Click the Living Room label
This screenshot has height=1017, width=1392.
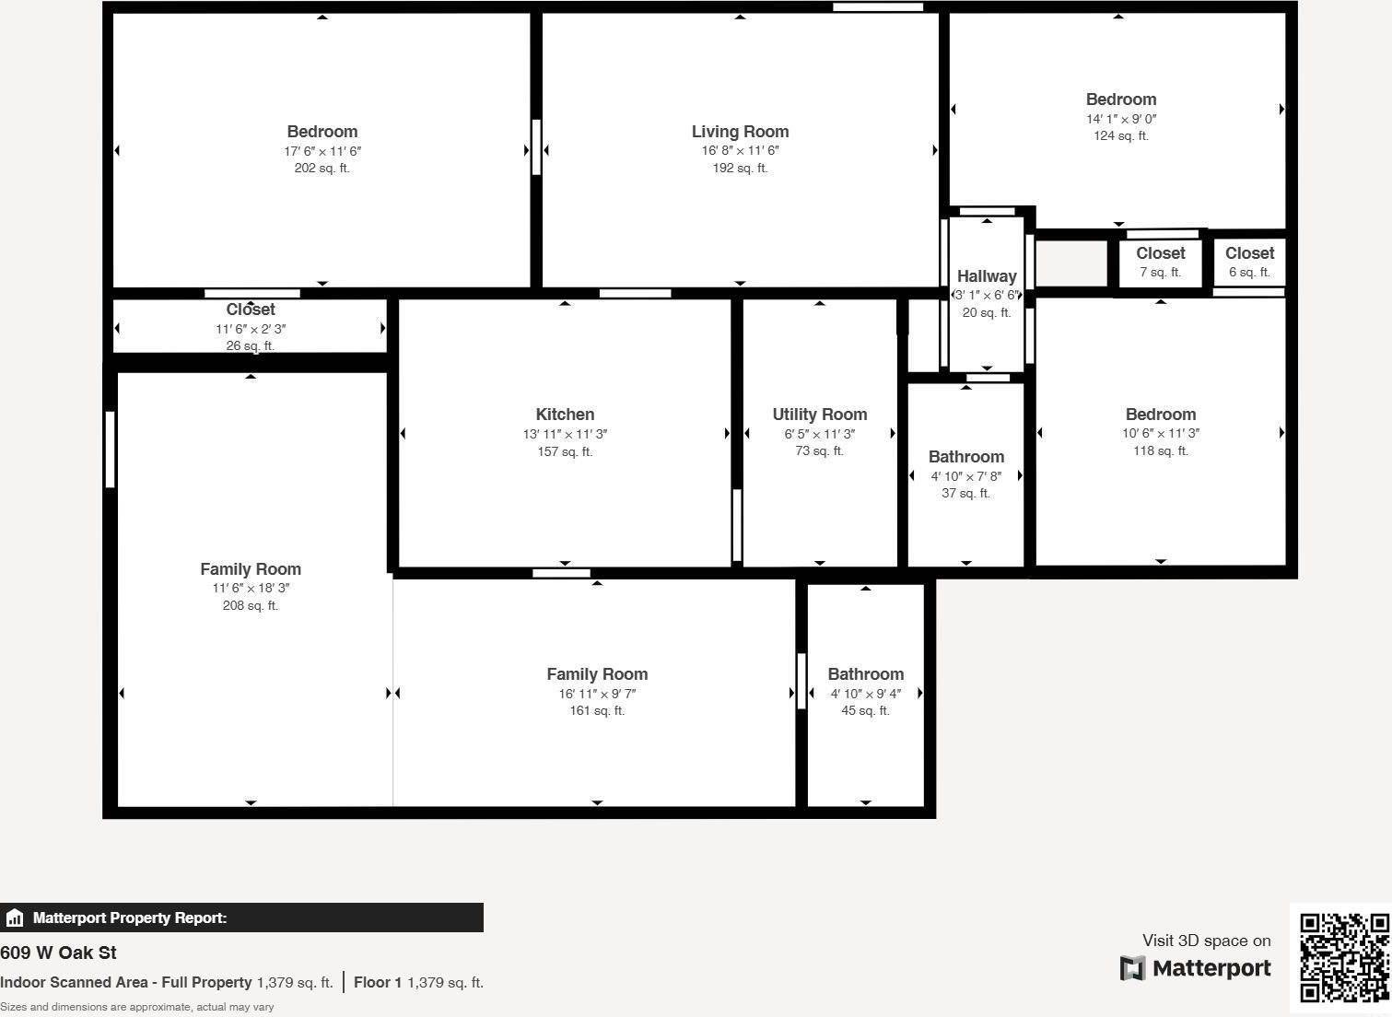tap(740, 132)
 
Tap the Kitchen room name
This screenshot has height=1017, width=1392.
tap(565, 415)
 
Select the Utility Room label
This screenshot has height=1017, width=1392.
tap(819, 415)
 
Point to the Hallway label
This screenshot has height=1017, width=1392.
tap(987, 276)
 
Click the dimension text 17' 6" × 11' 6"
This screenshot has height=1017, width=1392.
tap(322, 151)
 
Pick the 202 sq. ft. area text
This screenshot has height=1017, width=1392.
tap(322, 169)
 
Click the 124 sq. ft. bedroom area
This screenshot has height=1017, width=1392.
tap(1120, 135)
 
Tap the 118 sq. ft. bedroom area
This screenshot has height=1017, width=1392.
tap(1160, 450)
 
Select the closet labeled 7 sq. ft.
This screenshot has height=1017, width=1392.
tap(1160, 262)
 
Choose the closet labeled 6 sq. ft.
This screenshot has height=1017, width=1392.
tap(1249, 262)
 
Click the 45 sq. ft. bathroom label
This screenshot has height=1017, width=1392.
tap(865, 710)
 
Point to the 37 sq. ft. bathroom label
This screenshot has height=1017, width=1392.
tap(965, 493)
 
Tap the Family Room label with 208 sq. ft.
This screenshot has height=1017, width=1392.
tap(251, 569)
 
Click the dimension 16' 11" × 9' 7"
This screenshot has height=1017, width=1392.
tap(597, 694)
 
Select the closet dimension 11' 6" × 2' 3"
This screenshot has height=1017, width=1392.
tap(251, 329)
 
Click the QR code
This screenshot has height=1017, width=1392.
tap(1344, 958)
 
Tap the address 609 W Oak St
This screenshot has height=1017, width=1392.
tap(58, 953)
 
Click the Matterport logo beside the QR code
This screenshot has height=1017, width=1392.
tap(1196, 968)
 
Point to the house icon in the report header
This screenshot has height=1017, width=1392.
tap(15, 918)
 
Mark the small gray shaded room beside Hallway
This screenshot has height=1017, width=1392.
tap(1071, 263)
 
